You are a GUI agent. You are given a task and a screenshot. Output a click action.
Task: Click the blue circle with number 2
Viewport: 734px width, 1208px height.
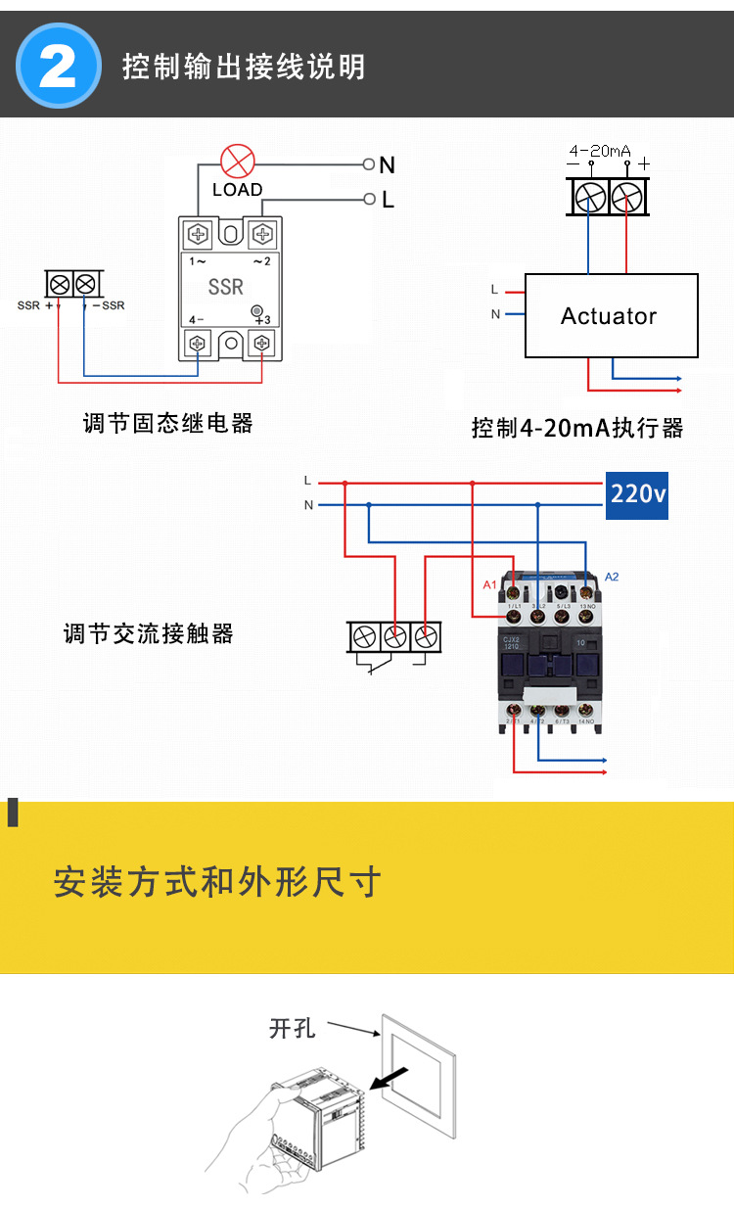[x=59, y=66]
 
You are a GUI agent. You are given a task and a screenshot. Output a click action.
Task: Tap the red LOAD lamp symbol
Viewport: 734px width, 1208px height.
[x=237, y=162]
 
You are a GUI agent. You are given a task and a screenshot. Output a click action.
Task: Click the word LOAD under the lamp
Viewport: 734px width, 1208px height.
[x=237, y=190]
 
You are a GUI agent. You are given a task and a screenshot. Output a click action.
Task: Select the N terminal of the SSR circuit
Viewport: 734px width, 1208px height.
[x=370, y=164]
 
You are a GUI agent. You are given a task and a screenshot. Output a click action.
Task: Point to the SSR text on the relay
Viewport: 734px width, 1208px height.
[x=226, y=287]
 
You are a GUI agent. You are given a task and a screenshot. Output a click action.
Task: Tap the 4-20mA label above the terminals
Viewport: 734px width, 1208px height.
[x=600, y=151]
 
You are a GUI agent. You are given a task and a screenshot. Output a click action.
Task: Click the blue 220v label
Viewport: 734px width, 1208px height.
[x=637, y=494]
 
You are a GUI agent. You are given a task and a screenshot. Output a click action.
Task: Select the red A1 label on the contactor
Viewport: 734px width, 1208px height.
[x=489, y=584]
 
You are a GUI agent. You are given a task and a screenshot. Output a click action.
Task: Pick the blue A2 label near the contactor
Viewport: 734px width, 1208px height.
[x=612, y=577]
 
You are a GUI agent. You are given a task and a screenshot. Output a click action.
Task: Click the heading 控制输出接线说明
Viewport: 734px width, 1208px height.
[x=244, y=67]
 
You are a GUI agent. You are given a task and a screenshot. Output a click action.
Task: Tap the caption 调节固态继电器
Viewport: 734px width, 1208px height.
[x=168, y=423]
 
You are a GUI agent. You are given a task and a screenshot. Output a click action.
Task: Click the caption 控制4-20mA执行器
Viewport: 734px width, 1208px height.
[x=577, y=428]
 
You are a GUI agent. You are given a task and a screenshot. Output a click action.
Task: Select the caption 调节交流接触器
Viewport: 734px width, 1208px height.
[x=149, y=633]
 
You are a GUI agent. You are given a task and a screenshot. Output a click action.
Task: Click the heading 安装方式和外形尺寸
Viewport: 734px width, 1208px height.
[x=216, y=882]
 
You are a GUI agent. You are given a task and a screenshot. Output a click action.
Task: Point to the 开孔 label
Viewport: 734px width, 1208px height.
[x=292, y=1028]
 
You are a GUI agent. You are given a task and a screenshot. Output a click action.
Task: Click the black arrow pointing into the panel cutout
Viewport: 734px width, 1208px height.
[x=390, y=1077]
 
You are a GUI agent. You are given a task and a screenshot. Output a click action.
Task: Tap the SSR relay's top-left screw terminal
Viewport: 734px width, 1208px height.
[x=199, y=234]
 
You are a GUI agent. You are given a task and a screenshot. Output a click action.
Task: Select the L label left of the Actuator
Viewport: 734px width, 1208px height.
[x=494, y=290]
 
